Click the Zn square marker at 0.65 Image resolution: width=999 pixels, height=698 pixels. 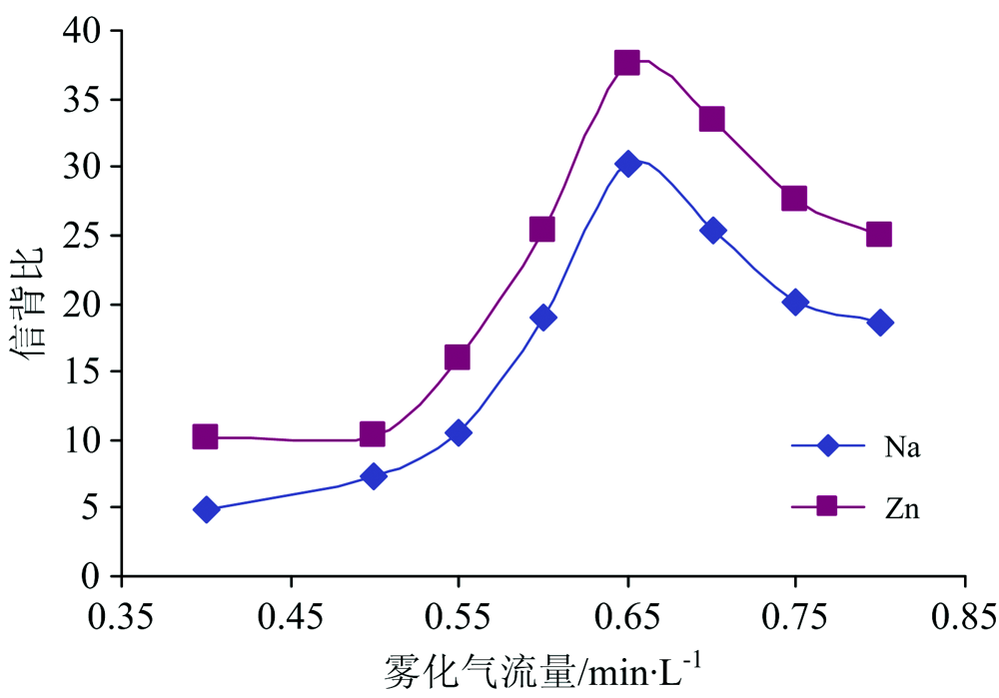tap(626, 63)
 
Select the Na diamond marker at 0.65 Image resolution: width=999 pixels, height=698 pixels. tap(627, 164)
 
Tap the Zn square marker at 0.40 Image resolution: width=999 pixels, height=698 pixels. tap(205, 436)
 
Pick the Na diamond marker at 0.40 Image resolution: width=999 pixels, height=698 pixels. tap(207, 509)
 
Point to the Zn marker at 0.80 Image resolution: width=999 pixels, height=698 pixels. tap(879, 235)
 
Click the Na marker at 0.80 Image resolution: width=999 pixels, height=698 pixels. tap(880, 323)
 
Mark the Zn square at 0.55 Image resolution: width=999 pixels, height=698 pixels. tap(458, 357)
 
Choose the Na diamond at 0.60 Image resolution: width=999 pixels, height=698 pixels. tap(543, 318)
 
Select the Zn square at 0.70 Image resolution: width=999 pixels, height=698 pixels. tap(711, 120)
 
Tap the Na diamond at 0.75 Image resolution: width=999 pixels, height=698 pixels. tap(795, 302)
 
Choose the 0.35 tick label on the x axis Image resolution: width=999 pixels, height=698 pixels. tap(122, 615)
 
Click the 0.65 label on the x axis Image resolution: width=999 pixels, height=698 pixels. tap(627, 615)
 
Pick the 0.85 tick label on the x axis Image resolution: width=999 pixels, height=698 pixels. tap(964, 615)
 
